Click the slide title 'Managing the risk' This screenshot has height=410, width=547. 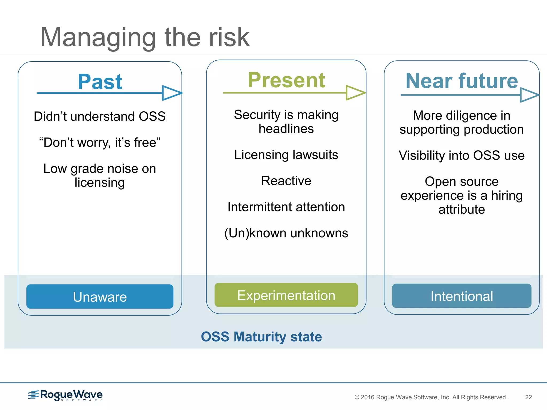coord(144,38)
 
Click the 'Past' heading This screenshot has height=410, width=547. coord(100,82)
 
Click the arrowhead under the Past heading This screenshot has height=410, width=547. coord(171,93)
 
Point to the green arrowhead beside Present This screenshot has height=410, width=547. coord(355,93)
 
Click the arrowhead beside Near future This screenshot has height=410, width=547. coord(529,95)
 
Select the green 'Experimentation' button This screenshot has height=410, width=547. coord(286,295)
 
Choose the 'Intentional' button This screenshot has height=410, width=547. coord(462,296)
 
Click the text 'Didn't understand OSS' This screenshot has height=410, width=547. coord(100,116)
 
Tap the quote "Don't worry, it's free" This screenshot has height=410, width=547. coord(100,143)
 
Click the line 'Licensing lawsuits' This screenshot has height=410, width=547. coord(286,155)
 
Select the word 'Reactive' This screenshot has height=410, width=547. coord(286,181)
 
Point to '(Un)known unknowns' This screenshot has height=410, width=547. coord(286,233)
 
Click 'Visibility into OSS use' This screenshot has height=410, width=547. coord(462,155)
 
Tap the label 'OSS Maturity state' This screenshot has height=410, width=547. coord(261,337)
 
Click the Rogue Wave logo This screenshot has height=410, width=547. coord(65,395)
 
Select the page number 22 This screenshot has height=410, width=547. coord(528,397)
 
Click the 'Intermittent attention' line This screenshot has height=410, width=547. coord(286,207)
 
